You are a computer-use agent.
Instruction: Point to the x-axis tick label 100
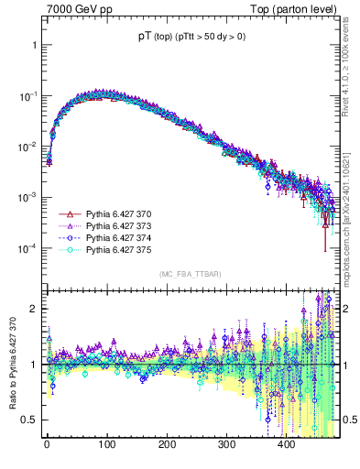point(106,444)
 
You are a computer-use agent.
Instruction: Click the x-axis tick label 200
point(167,444)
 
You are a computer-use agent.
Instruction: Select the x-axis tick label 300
point(226,444)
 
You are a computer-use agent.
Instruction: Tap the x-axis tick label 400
point(287,444)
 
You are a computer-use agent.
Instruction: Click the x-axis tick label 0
point(47,444)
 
